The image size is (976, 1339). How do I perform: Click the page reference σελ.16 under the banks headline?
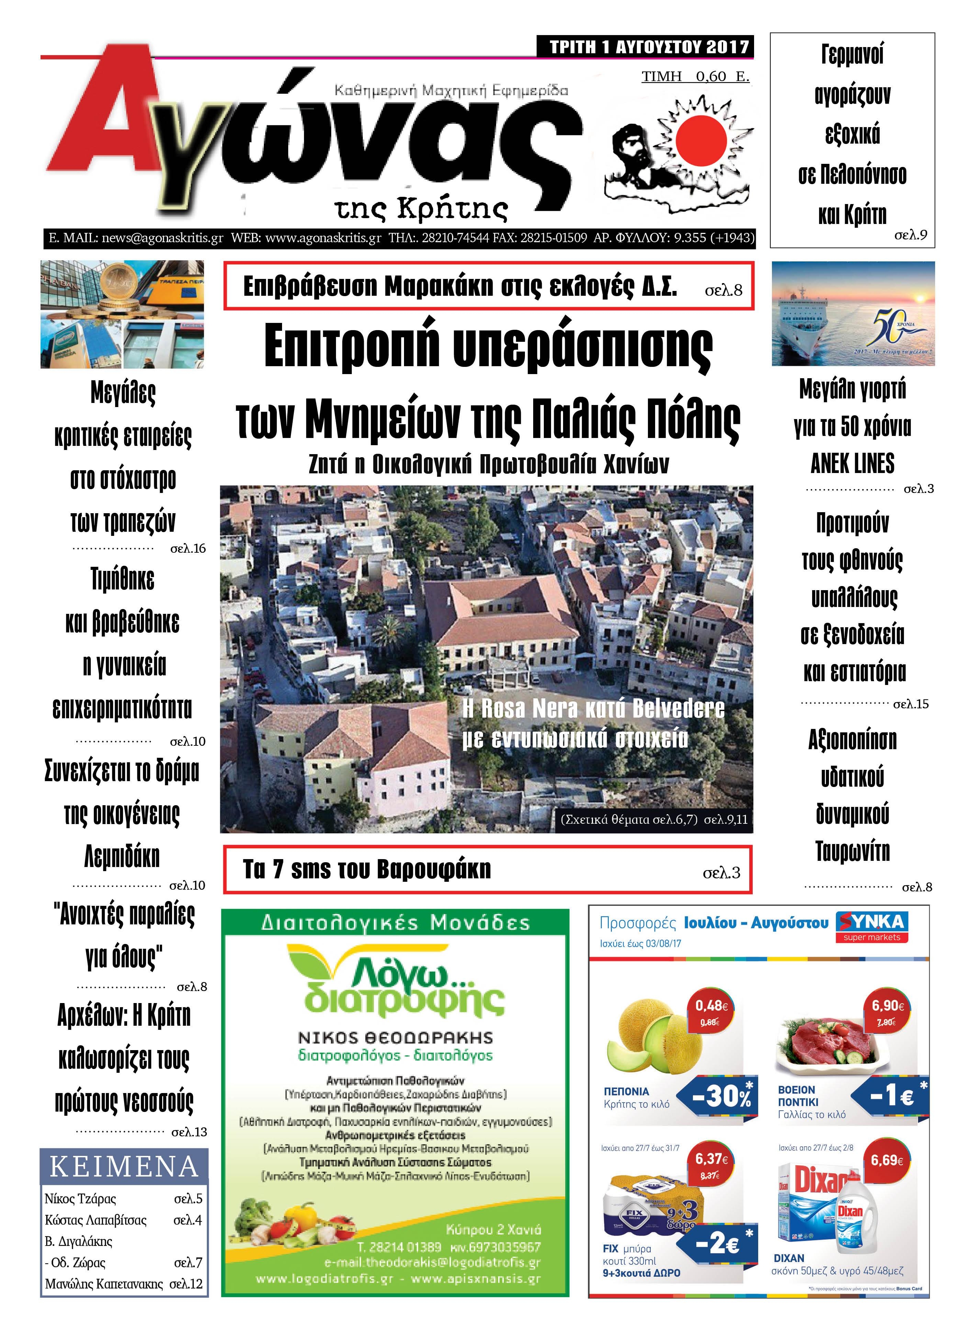(x=188, y=549)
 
